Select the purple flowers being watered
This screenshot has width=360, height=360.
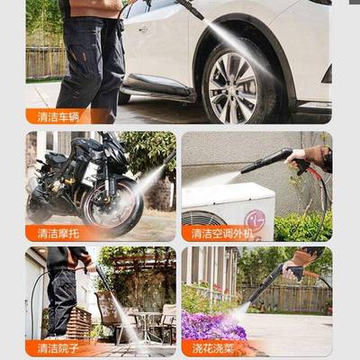pos(212,325)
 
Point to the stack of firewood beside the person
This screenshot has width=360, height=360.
pos(79,322)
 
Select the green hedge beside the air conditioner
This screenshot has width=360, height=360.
pos(301,225)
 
